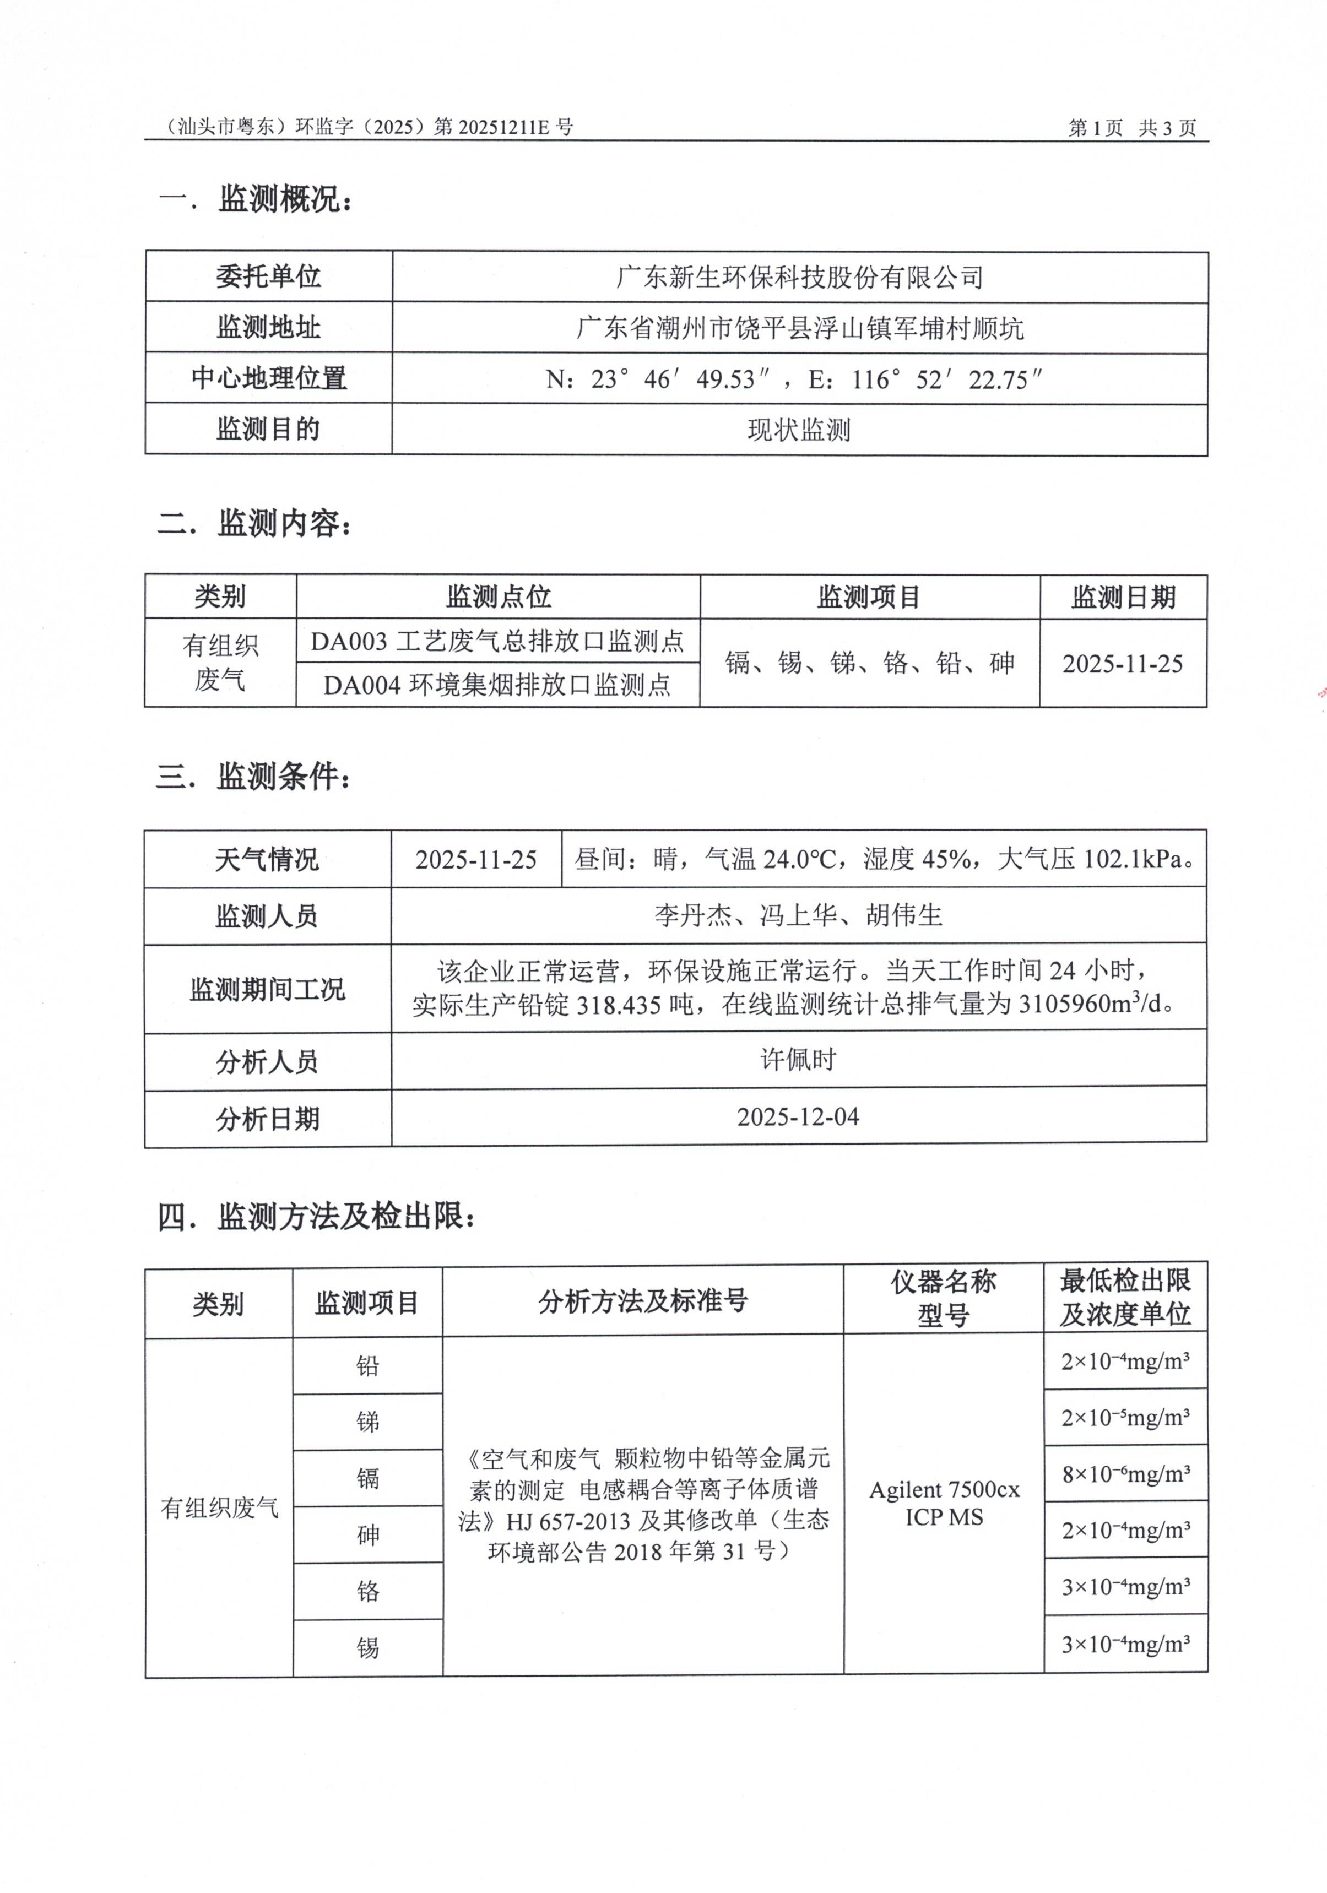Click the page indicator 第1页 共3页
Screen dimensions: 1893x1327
pyautogui.click(x=1131, y=128)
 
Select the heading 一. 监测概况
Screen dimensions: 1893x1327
pyautogui.click(x=255, y=199)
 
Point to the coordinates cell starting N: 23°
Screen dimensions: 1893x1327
pyautogui.click(x=793, y=379)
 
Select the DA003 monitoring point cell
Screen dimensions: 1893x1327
pyautogui.click(x=497, y=641)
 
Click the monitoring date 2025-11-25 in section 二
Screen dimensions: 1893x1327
pyautogui.click(x=1122, y=664)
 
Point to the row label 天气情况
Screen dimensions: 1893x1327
pyautogui.click(x=267, y=860)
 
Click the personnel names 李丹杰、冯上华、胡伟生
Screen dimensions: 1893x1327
pyautogui.click(x=798, y=915)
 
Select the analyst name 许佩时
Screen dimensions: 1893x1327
pyautogui.click(x=798, y=1060)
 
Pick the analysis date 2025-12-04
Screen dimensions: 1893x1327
pyautogui.click(x=798, y=1117)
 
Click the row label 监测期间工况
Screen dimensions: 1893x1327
pyautogui.click(x=267, y=989)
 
